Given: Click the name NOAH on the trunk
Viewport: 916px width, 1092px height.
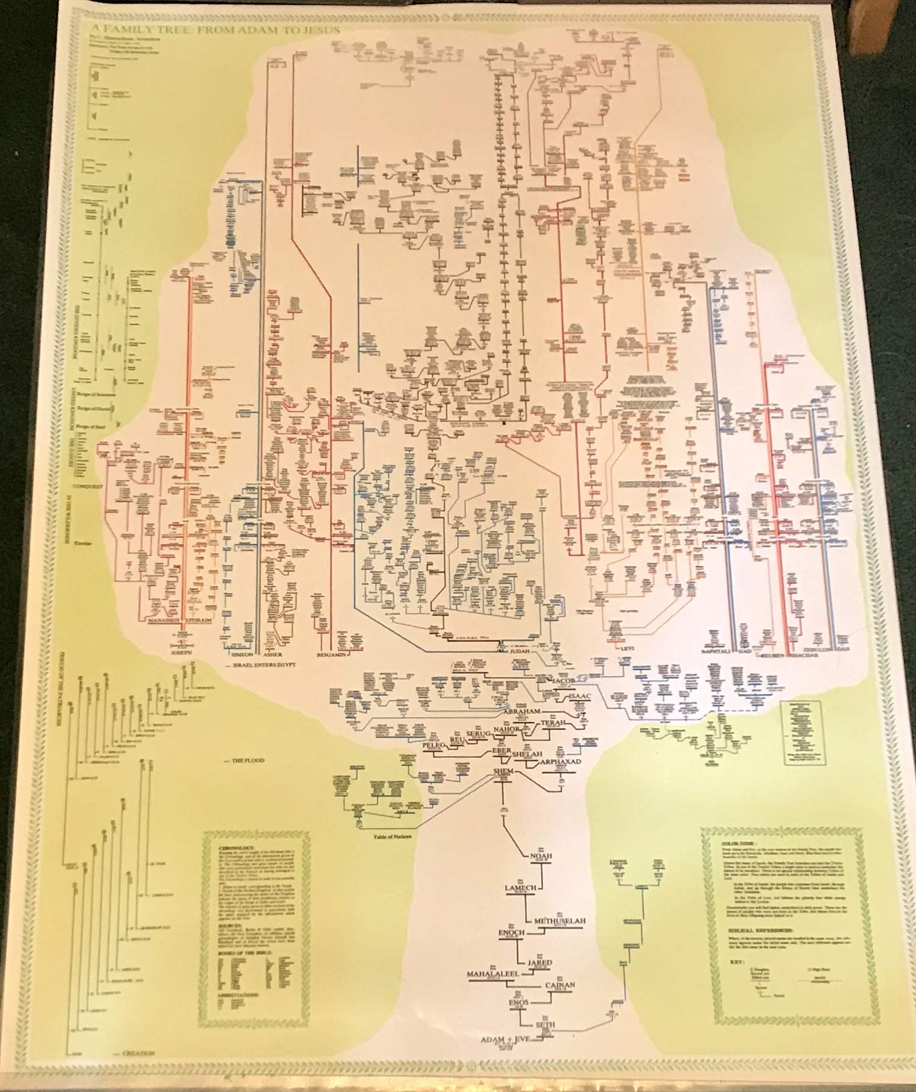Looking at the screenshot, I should (x=541, y=855).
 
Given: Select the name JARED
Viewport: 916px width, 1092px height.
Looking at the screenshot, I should (x=539, y=963).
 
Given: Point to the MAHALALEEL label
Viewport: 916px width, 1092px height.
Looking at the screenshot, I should (x=491, y=975).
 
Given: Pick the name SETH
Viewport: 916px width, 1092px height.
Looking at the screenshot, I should (x=545, y=1024).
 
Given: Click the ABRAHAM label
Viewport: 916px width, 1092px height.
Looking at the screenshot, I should (x=522, y=711).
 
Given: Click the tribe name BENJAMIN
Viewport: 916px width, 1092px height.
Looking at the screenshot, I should (x=331, y=655).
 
